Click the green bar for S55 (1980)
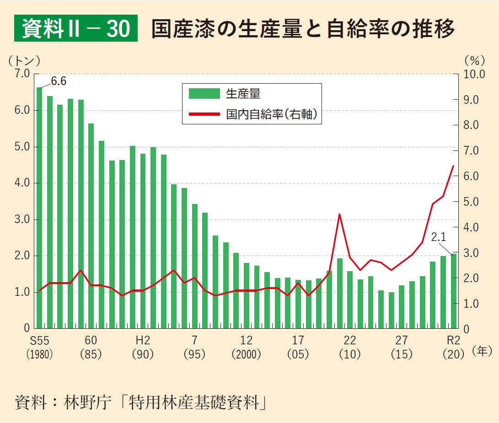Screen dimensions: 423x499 pyautogui.click(x=39, y=208)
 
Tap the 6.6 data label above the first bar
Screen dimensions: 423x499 pyautogui.click(x=59, y=81)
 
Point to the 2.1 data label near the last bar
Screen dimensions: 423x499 pyautogui.click(x=438, y=237)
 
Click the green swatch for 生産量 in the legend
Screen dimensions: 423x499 pyautogui.click(x=204, y=94)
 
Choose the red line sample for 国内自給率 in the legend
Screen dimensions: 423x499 pyautogui.click(x=204, y=114)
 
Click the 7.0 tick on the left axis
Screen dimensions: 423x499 pyautogui.click(x=21, y=74)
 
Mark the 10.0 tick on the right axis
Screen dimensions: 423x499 pyautogui.click(x=474, y=74)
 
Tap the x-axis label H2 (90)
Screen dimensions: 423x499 pyautogui.click(x=143, y=347)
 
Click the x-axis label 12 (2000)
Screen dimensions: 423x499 pyautogui.click(x=246, y=347)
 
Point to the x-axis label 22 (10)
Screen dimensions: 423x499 pyautogui.click(x=350, y=347)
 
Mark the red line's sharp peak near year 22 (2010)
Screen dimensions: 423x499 pyautogui.click(x=339, y=214)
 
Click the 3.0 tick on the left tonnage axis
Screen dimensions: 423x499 pyautogui.click(x=21, y=220)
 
